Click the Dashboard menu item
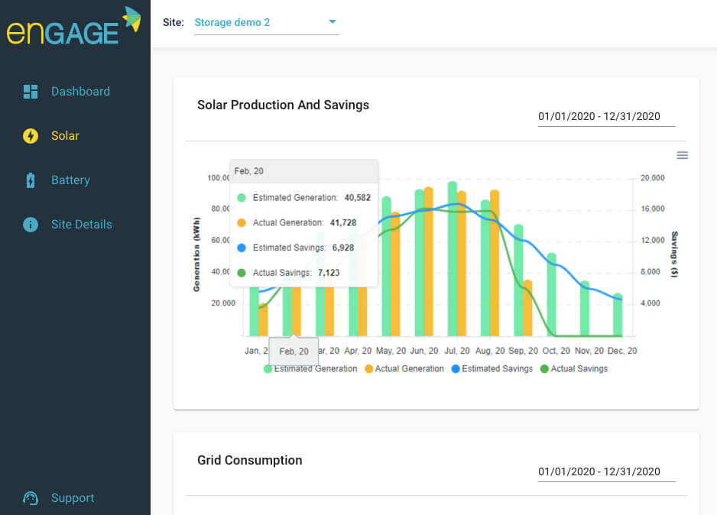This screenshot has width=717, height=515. point(79,92)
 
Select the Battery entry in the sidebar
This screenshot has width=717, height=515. point(70,180)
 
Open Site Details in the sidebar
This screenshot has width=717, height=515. point(80,225)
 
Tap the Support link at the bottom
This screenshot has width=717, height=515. point(72,498)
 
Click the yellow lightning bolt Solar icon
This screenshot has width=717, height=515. point(31,136)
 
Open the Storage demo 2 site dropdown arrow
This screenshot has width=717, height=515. point(333,22)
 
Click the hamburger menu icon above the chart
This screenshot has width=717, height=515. point(683,155)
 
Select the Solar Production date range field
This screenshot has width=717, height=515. point(599,117)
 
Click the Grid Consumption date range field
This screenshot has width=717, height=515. point(599,471)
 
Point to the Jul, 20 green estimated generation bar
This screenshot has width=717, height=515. point(453,260)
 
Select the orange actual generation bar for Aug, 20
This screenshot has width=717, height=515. point(495,264)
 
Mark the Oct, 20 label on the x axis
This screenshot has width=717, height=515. point(556,351)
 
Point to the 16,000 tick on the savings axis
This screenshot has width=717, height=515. point(652,209)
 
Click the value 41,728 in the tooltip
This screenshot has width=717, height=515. point(357,222)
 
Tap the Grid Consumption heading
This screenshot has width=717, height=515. point(249,461)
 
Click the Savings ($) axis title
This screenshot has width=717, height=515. point(674,254)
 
